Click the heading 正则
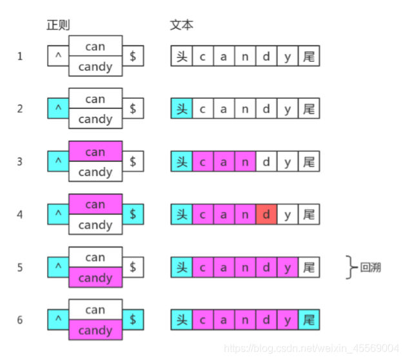[x=58, y=25]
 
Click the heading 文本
[x=181, y=25]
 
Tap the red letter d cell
[x=266, y=214]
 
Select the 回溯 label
[x=370, y=266]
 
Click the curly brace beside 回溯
[x=351, y=266]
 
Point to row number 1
[x=20, y=56]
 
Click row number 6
[x=20, y=320]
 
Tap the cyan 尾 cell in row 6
[x=309, y=320]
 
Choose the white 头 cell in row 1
[x=181, y=56]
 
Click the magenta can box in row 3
[x=95, y=152]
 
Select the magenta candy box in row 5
[x=95, y=277]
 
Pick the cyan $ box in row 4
[x=133, y=214]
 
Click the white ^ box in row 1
[x=58, y=56]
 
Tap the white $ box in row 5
[x=133, y=266]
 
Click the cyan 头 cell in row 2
[x=181, y=108]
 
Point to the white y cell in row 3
[x=288, y=161]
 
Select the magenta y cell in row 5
[x=288, y=266]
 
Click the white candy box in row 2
[x=95, y=119]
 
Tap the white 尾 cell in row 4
[x=309, y=214]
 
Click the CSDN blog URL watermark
[x=311, y=348]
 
